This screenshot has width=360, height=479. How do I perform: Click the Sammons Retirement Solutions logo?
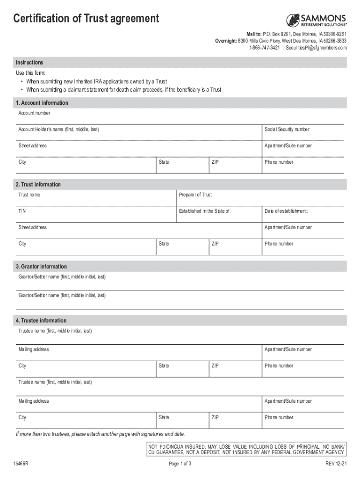(x=317, y=20)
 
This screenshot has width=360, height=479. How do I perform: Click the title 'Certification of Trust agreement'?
(x=86, y=19)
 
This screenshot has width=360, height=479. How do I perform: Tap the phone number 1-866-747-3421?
(x=265, y=48)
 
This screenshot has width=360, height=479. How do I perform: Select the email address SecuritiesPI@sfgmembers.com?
(x=317, y=48)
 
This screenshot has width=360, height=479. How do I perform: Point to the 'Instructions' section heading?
(x=29, y=63)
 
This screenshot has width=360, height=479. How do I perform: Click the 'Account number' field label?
(x=34, y=113)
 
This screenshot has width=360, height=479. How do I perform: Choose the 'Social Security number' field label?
(x=287, y=130)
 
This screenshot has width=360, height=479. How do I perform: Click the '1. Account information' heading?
(x=42, y=103)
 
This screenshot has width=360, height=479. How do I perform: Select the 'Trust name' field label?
(x=29, y=195)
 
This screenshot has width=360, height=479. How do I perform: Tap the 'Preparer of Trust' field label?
(x=195, y=195)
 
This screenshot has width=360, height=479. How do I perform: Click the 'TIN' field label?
(x=22, y=211)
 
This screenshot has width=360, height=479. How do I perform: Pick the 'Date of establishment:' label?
(x=286, y=211)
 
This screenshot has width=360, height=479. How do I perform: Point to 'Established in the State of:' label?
(x=205, y=211)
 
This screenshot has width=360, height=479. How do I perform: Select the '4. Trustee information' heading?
(x=41, y=320)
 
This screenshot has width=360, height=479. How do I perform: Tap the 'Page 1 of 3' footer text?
(x=180, y=464)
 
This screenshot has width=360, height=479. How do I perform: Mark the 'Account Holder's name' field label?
(x=58, y=130)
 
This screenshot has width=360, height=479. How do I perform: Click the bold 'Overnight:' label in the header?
(x=226, y=41)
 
